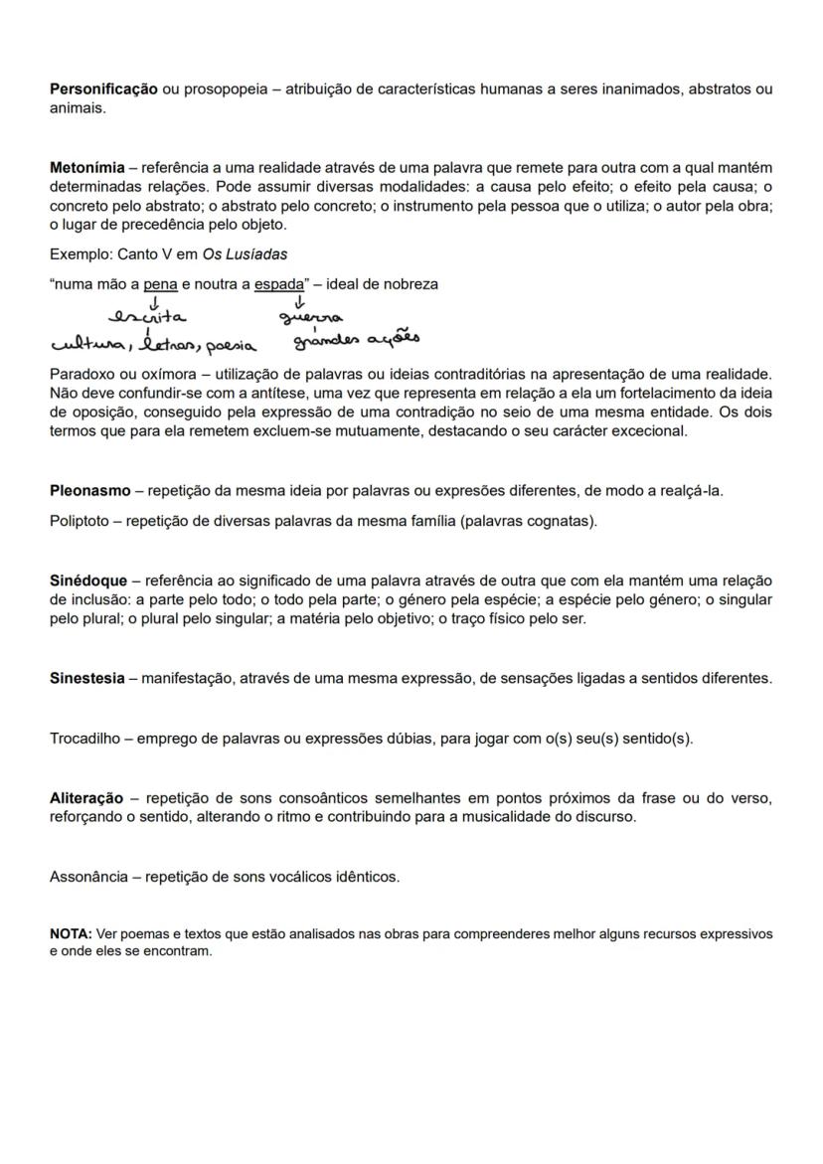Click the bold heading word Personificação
[103, 89]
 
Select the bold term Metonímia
[86, 167]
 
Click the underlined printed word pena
[160, 284]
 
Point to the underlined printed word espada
[278, 284]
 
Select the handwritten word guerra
[311, 317]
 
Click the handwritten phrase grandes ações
[356, 340]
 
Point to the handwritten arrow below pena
[154, 300]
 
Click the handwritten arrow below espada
[299, 300]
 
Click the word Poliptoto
[81, 521]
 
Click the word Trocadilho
[88, 739]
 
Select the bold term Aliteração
[86, 798]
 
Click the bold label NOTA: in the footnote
[71, 934]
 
